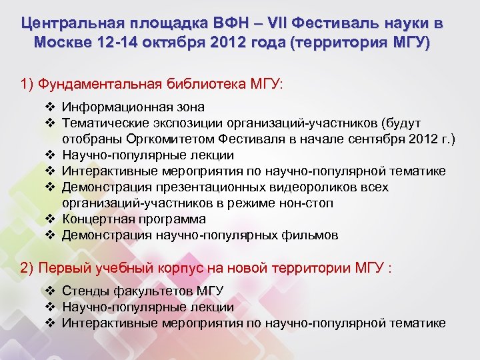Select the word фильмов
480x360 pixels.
[313, 235]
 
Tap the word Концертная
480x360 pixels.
[97, 219]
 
